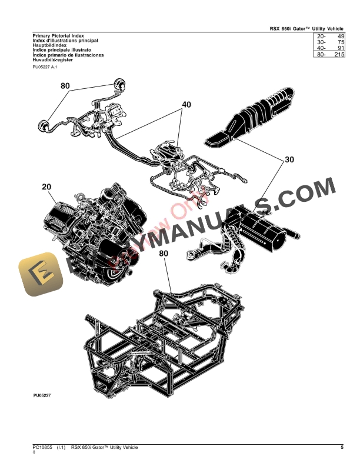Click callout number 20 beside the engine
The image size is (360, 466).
pos(46,187)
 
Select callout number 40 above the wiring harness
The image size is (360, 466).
pos(186,105)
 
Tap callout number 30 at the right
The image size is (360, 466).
pos(289,159)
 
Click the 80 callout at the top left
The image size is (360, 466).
pos(65,86)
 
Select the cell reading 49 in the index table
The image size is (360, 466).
pos(339,36)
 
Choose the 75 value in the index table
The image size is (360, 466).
pos(339,42)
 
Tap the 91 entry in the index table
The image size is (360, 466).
pos(339,48)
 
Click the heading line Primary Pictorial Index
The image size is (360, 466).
pos(58,36)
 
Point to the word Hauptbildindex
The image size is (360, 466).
pos(50,45)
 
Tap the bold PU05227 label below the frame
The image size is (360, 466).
pos(42,395)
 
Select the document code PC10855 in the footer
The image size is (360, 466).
pos(43,448)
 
